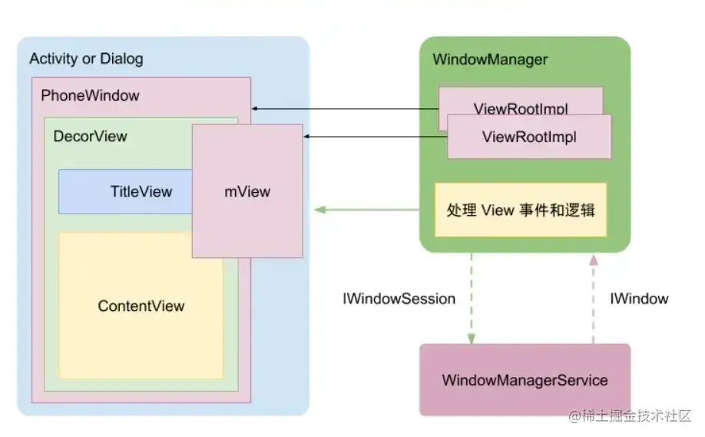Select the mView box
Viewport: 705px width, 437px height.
(x=247, y=191)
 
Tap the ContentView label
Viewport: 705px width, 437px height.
(x=141, y=306)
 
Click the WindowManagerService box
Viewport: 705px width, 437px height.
(x=525, y=380)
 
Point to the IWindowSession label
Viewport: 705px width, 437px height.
(x=399, y=299)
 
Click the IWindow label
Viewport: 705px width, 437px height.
(x=639, y=299)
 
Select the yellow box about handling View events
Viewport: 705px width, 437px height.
(x=520, y=210)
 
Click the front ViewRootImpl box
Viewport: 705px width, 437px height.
(x=529, y=137)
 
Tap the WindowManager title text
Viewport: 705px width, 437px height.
(x=490, y=59)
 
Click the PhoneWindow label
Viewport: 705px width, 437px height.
(x=91, y=96)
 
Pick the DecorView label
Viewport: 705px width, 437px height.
(x=90, y=137)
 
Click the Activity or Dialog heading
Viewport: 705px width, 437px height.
(x=86, y=58)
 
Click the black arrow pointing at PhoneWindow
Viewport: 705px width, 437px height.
(x=346, y=109)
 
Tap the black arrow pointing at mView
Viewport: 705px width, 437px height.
(x=376, y=137)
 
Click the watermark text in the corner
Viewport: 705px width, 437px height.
(x=630, y=415)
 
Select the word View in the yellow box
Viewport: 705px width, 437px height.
(x=497, y=210)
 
